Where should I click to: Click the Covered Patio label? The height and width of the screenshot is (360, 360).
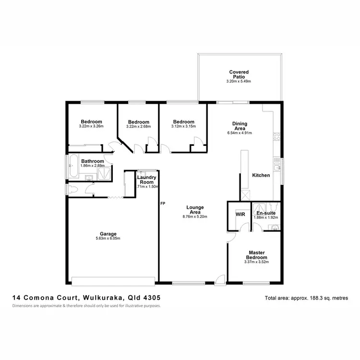coord(239,74)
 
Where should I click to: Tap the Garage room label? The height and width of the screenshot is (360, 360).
coord(108,234)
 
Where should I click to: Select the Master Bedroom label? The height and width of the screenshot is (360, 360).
coord(257,255)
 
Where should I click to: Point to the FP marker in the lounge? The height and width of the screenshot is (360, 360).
coord(163,204)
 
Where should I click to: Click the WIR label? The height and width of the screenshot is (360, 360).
coord(240,214)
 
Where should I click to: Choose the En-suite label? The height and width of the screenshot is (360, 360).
coord(265,213)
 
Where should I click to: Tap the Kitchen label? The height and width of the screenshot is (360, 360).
coord(261,175)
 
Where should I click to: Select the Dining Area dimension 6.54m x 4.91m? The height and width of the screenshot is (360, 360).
coord(240,133)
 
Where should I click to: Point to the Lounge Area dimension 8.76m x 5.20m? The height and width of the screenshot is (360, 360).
coord(195,216)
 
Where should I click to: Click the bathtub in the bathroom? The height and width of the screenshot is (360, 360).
coord(72,167)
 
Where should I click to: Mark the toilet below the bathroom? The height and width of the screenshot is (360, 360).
coord(73,189)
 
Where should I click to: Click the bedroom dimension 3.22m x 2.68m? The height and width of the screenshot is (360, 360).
coord(138,127)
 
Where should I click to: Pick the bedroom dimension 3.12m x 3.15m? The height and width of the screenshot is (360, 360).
coord(184,127)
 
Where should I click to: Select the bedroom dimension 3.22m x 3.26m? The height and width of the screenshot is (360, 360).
coord(91,127)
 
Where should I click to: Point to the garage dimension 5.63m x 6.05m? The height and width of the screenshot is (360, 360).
coord(108,239)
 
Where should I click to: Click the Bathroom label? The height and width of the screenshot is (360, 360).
coord(93,161)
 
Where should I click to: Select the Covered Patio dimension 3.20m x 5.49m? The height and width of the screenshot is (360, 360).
coord(239,82)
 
